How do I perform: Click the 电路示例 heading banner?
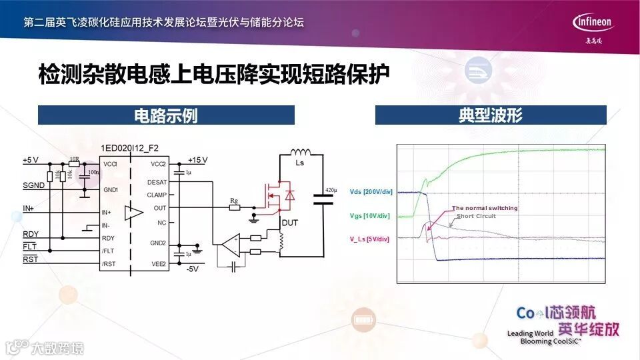pyautogui.click(x=166, y=115)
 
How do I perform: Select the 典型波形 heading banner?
pyautogui.click(x=491, y=115)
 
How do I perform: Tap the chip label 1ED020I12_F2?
pyautogui.click(x=130, y=148)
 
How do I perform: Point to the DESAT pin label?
pyautogui.click(x=157, y=181)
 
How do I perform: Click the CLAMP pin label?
pyautogui.click(x=157, y=195)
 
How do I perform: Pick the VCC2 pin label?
pyautogui.click(x=158, y=163)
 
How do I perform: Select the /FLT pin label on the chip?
pyautogui.click(x=108, y=251)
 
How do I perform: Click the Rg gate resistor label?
pyautogui.click(x=233, y=199)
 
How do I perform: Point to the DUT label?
pyautogui.click(x=289, y=223)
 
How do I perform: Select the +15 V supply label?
pyautogui.click(x=197, y=160)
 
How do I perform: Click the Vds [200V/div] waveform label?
pyautogui.click(x=371, y=192)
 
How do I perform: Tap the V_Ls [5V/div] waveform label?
pyautogui.click(x=371, y=239)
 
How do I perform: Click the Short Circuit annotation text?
pyautogui.click(x=476, y=216)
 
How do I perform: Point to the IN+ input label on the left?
pyautogui.click(x=29, y=209)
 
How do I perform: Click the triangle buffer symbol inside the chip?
pyautogui.click(x=134, y=213)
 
